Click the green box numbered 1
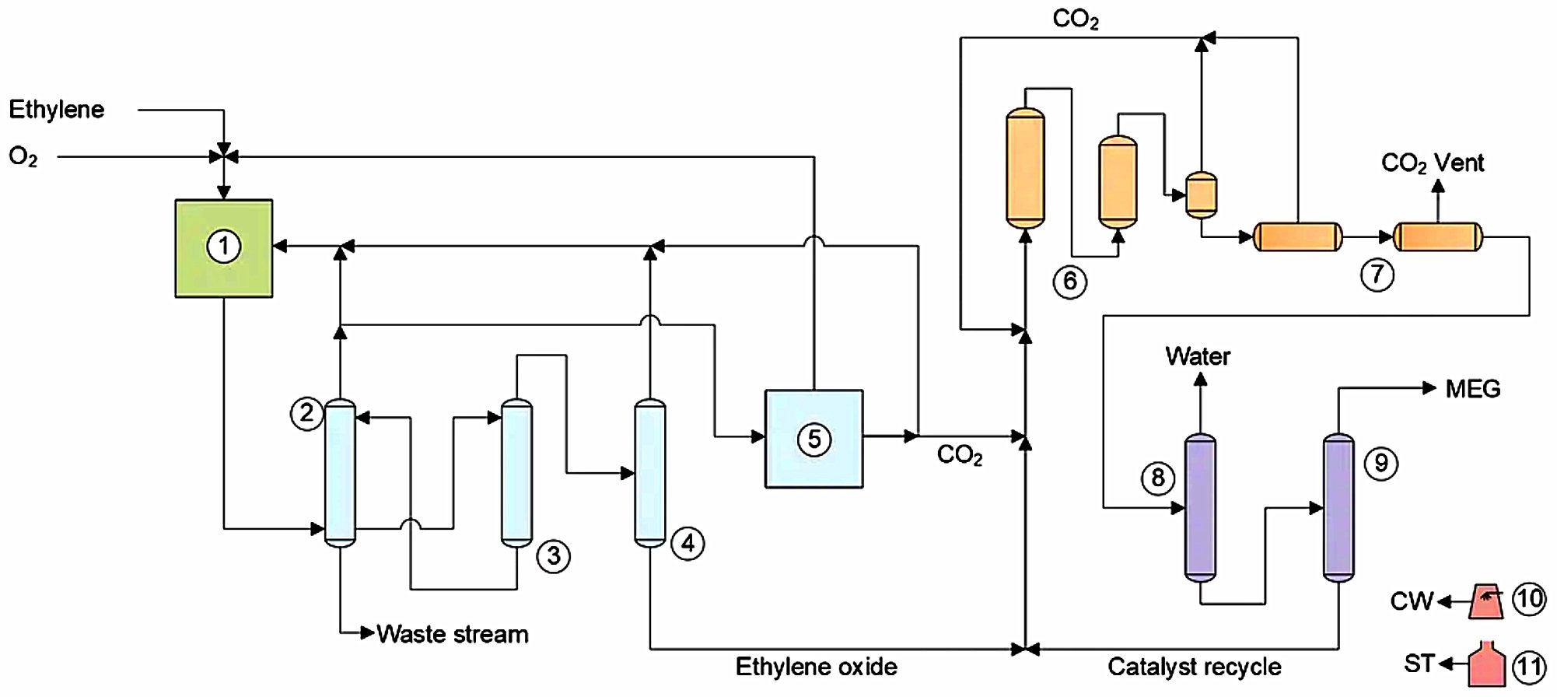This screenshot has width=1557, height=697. click(x=224, y=248)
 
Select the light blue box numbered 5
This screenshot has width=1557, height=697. click(x=813, y=439)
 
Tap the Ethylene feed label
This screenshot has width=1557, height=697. click(x=56, y=110)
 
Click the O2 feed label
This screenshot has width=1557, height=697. click(x=23, y=157)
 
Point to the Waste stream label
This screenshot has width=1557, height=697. click(x=452, y=634)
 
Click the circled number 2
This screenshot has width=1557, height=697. click(x=306, y=412)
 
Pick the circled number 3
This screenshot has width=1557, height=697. click(x=554, y=556)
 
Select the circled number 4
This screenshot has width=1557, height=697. click(x=688, y=543)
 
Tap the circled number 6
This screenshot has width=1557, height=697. click(x=1070, y=281)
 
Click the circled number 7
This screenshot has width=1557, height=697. click(x=1377, y=274)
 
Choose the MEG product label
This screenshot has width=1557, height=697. click(x=1472, y=388)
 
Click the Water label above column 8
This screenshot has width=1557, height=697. click(x=1198, y=356)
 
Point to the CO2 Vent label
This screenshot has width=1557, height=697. click(x=1432, y=163)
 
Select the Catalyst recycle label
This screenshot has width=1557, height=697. click(x=1194, y=667)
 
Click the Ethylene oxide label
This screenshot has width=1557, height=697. click(x=816, y=667)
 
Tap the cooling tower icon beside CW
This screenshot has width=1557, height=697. click(x=1486, y=601)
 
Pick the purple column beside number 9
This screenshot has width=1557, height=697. click(x=1338, y=507)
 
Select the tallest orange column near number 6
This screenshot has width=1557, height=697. click(x=1025, y=168)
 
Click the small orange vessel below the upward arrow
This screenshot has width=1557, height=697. click(x=1201, y=194)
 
